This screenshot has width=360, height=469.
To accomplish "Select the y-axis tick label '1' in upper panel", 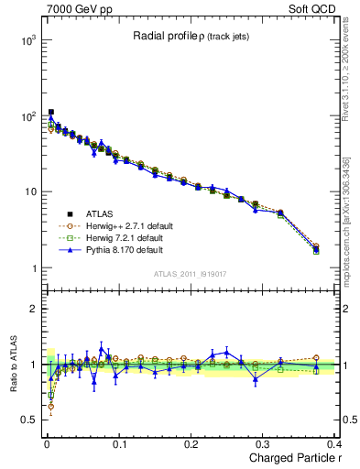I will pos(32,268).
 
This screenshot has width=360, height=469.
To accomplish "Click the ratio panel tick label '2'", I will pos(32,309).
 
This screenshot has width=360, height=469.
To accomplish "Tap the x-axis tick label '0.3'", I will pos(263,443).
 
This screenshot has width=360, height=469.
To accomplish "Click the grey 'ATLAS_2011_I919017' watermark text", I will pos(190,274).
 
